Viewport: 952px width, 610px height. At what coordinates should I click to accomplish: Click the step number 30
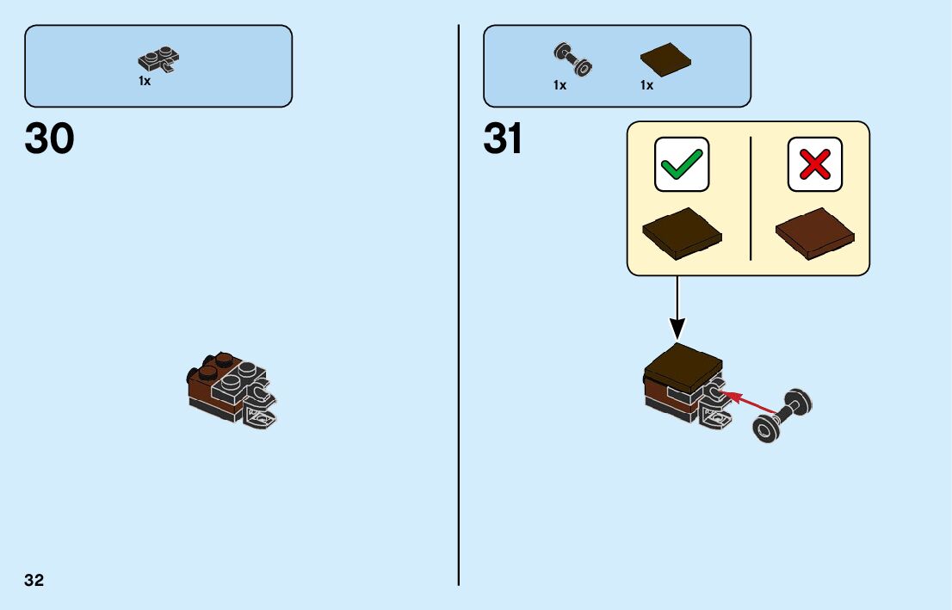pos(50,139)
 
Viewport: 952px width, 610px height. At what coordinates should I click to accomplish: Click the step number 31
pos(504,139)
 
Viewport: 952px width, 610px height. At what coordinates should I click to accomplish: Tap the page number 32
pos(34,580)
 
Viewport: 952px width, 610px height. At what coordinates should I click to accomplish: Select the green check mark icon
pos(682,163)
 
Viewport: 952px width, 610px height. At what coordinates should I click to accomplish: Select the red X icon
pos(814,163)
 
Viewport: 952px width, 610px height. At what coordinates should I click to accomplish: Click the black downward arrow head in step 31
pos(677,329)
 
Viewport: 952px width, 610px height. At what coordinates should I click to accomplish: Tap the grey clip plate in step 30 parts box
pos(158,60)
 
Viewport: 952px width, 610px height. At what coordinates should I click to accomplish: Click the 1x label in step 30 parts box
pos(145,80)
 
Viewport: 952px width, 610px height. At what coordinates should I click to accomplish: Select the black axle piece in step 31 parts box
pos(570,59)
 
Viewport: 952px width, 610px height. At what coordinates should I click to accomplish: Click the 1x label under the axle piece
pos(560,85)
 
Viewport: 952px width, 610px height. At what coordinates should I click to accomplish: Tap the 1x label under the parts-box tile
pos(646,85)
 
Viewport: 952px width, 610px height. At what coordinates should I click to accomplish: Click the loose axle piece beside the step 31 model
pos(782,415)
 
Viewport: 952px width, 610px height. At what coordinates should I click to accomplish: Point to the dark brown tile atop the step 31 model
pos(684,367)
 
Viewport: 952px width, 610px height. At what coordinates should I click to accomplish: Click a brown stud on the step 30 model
pos(223,360)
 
